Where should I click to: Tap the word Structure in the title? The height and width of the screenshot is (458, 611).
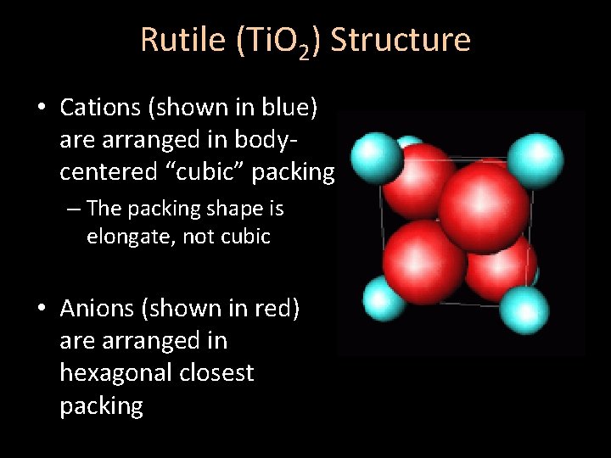click(x=401, y=40)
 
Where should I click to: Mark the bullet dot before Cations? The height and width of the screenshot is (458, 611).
click(x=42, y=108)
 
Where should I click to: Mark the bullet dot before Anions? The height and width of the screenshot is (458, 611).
click(x=42, y=309)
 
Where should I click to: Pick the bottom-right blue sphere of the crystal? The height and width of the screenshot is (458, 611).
click(x=524, y=310)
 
